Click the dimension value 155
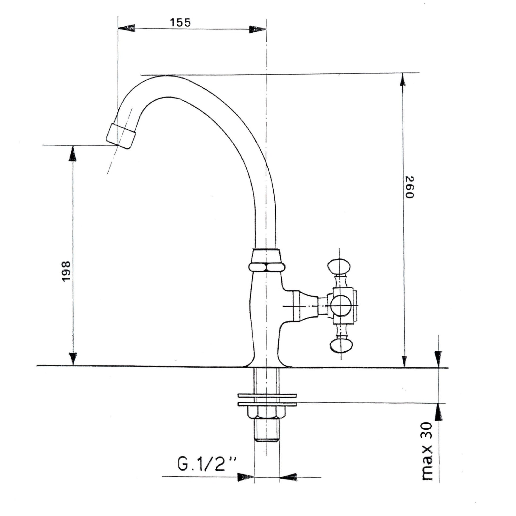[181, 23]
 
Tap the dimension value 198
[66, 271]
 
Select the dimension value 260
[409, 187]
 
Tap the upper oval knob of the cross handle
[339, 266]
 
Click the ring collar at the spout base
[266, 267]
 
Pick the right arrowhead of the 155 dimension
[258, 29]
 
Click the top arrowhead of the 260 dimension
[403, 80]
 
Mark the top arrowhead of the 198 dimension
[72, 154]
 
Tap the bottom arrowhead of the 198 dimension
[73, 358]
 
